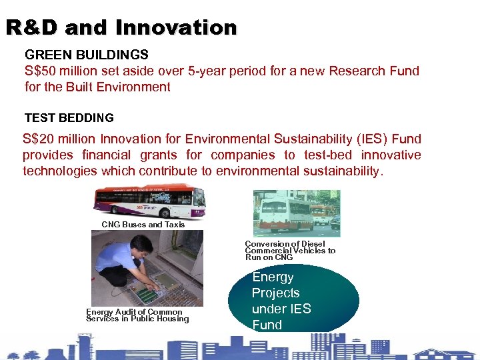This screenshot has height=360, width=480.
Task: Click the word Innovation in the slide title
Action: click(176, 27)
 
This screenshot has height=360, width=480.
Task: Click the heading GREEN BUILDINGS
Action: click(86, 54)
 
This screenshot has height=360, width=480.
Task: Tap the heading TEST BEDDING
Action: click(69, 118)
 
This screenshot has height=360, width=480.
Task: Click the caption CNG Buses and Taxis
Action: click(143, 225)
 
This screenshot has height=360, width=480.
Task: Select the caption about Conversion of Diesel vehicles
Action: click(290, 251)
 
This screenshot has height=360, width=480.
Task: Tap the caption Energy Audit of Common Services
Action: click(137, 315)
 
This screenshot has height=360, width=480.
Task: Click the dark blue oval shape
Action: click(293, 300)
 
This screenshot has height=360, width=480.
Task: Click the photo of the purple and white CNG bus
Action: click(149, 202)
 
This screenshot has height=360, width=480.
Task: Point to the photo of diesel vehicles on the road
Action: click(296, 213)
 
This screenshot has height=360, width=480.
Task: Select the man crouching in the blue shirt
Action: click(124, 261)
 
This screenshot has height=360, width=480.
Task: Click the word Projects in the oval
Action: click(275, 293)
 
